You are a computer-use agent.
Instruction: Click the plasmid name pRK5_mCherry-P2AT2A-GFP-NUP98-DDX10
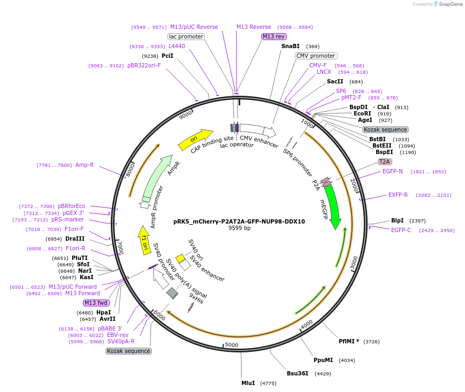[x=239, y=221]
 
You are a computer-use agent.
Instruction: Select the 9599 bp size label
[x=239, y=228]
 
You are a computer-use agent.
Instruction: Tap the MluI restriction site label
[x=248, y=383]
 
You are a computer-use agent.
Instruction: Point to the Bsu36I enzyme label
[x=298, y=373]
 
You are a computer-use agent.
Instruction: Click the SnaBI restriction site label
[x=291, y=47]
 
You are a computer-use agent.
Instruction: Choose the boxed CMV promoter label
[x=316, y=56]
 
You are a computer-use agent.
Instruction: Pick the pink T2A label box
[x=384, y=162]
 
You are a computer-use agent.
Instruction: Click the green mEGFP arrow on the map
[x=333, y=206]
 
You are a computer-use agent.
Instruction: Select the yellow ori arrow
[x=195, y=138]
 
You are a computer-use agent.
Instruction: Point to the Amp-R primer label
[x=85, y=165]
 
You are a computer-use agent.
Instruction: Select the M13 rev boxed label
[x=273, y=36]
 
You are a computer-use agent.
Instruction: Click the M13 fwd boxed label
[x=96, y=303]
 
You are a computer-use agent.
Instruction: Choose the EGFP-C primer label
[x=401, y=230]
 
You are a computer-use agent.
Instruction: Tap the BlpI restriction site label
[x=397, y=220]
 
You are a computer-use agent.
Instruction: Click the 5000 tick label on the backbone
[x=231, y=345]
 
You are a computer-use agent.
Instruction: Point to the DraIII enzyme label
[x=75, y=239]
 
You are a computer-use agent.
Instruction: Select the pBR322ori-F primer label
[x=144, y=66]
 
